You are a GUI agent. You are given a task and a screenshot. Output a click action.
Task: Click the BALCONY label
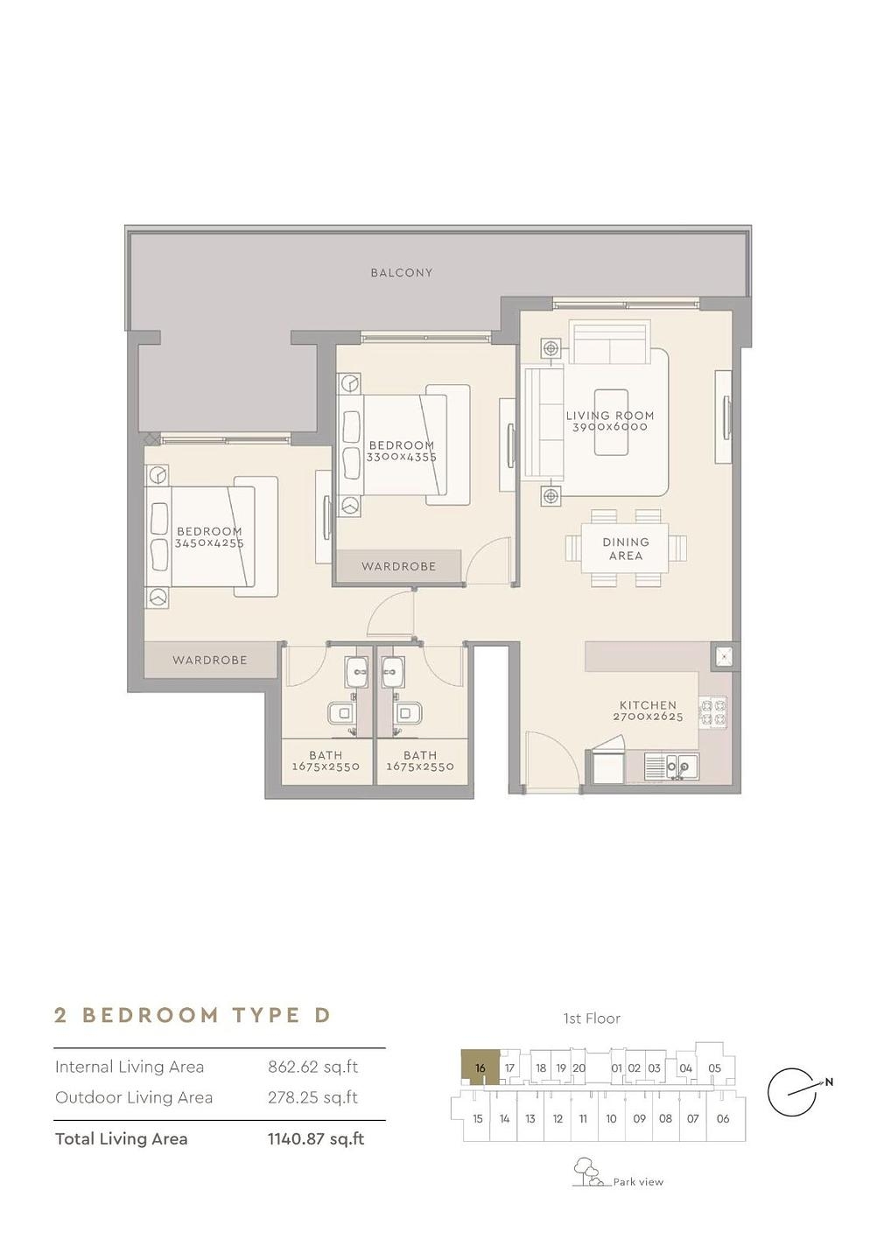[401, 273]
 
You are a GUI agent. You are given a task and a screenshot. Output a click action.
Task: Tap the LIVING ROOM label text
[610, 416]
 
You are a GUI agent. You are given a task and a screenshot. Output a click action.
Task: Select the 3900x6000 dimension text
[610, 427]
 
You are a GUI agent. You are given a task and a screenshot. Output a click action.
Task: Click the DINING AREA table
[626, 549]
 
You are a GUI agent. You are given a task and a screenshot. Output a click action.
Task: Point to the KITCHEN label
[648, 705]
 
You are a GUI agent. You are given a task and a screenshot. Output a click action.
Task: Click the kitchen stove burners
[712, 712]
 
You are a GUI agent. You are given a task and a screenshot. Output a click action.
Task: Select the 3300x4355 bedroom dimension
[402, 458]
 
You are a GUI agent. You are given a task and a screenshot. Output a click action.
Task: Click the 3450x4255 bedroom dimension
[209, 543]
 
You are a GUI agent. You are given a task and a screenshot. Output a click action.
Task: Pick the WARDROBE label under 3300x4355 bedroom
[398, 566]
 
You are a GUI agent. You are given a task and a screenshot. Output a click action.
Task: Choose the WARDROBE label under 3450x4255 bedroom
[210, 660]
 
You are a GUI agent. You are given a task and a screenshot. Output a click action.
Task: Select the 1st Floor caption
[592, 1018]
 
